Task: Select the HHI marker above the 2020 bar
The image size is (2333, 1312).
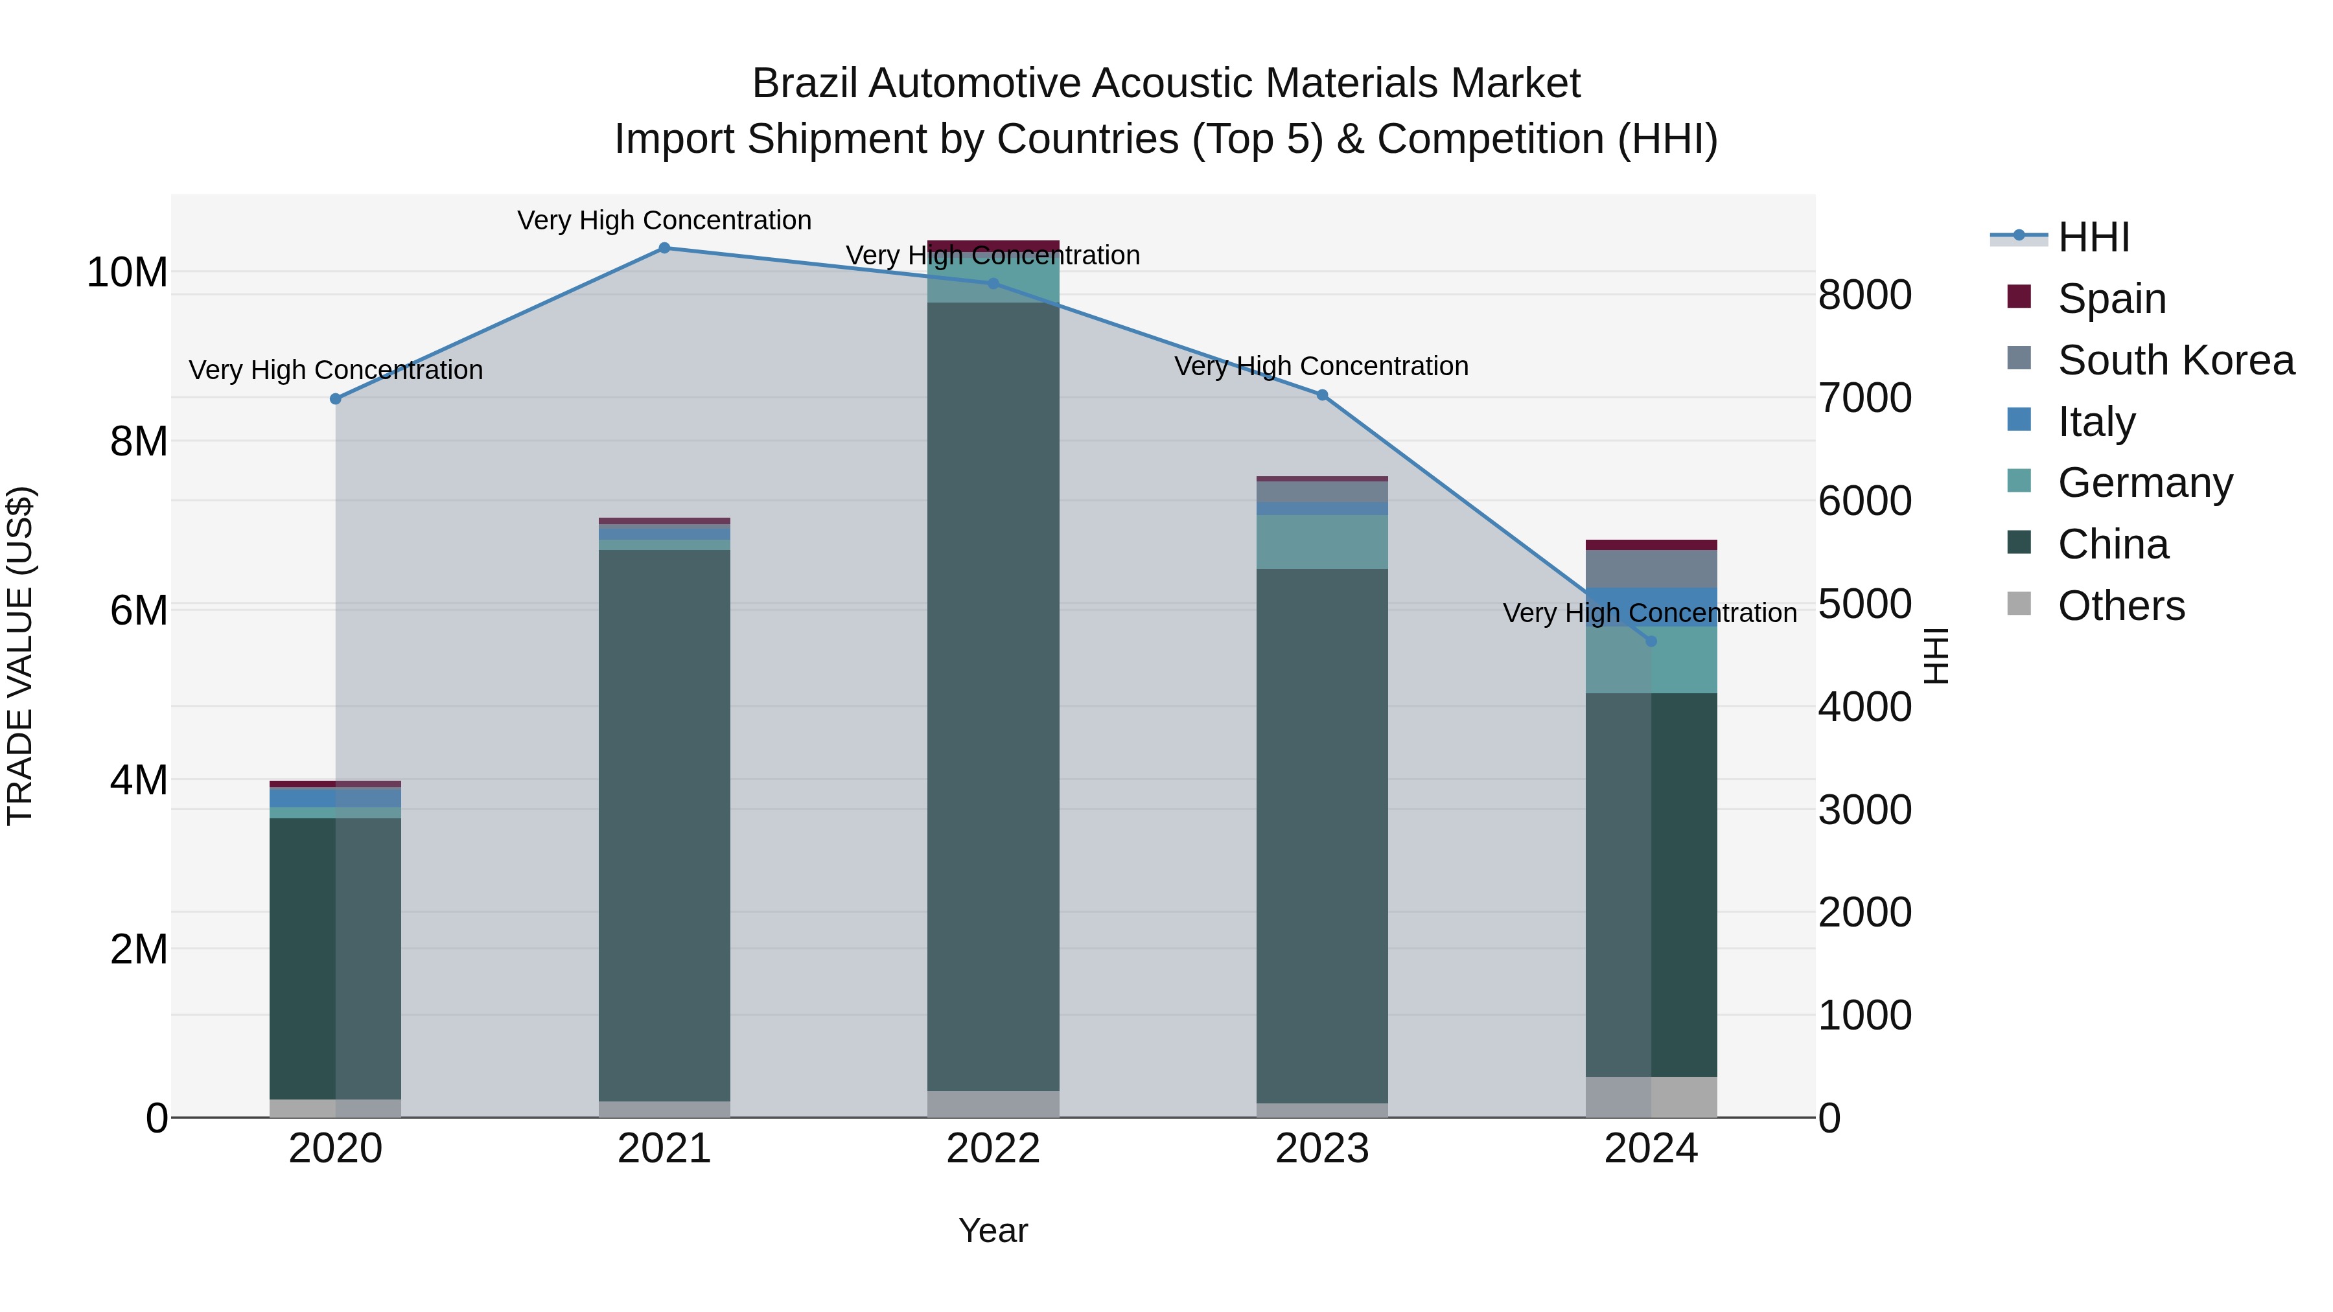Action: click(335, 398)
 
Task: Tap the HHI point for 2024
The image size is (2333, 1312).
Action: click(1651, 641)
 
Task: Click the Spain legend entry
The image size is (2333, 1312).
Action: click(2111, 298)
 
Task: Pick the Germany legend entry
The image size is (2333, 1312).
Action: click(2144, 483)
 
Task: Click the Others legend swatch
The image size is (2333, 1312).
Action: click(2019, 604)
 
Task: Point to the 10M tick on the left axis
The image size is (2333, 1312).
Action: click(127, 271)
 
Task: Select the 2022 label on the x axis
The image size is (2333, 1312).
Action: click(993, 1149)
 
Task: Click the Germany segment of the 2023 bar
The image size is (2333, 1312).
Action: click(1321, 542)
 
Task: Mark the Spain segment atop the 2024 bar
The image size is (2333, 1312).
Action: click(1651, 544)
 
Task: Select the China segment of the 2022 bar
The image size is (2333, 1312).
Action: click(993, 697)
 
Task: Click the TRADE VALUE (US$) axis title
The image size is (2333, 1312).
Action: click(20, 656)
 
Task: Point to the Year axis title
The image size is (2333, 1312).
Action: click(993, 1230)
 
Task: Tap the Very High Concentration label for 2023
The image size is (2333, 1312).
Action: click(1321, 367)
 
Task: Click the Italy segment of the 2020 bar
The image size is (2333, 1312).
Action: click(335, 797)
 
